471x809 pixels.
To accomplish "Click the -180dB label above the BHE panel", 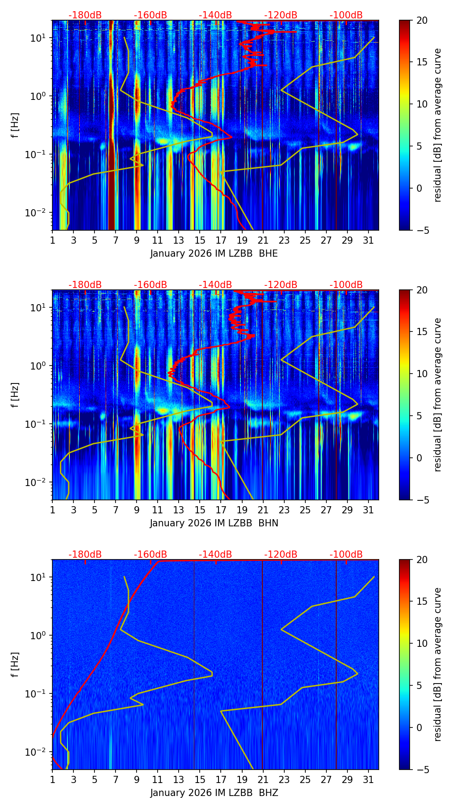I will pyautogui.click(x=85, y=15).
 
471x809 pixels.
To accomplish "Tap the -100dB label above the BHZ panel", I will pyautogui.click(x=346, y=555).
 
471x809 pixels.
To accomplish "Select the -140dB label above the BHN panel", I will pyautogui.click(x=215, y=285).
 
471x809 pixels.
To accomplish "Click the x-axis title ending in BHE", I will pyautogui.click(x=214, y=254).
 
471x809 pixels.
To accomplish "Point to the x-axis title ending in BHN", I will pyautogui.click(x=214, y=523).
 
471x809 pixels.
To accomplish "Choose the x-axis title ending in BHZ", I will pyautogui.click(x=214, y=793).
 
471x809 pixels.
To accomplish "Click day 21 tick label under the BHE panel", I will pyautogui.click(x=263, y=241).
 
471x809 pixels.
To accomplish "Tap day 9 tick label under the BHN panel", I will pyautogui.click(x=137, y=510).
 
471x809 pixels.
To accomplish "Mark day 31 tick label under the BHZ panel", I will pyautogui.click(x=368, y=780).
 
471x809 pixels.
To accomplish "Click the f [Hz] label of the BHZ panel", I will pyautogui.click(x=15, y=664).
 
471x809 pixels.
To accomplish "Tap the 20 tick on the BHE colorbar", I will pyautogui.click(x=422, y=20).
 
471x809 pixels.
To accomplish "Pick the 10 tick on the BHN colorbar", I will pyautogui.click(x=422, y=374).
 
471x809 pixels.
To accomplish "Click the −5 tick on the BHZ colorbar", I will pyautogui.click(x=422, y=770).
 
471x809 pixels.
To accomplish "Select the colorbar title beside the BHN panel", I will pyautogui.click(x=438, y=395).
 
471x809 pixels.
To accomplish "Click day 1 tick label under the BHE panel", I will pyautogui.click(x=52, y=241).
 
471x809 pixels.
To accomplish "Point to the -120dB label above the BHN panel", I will pyautogui.click(x=281, y=285).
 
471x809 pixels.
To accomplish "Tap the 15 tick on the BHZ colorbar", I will pyautogui.click(x=422, y=602).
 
